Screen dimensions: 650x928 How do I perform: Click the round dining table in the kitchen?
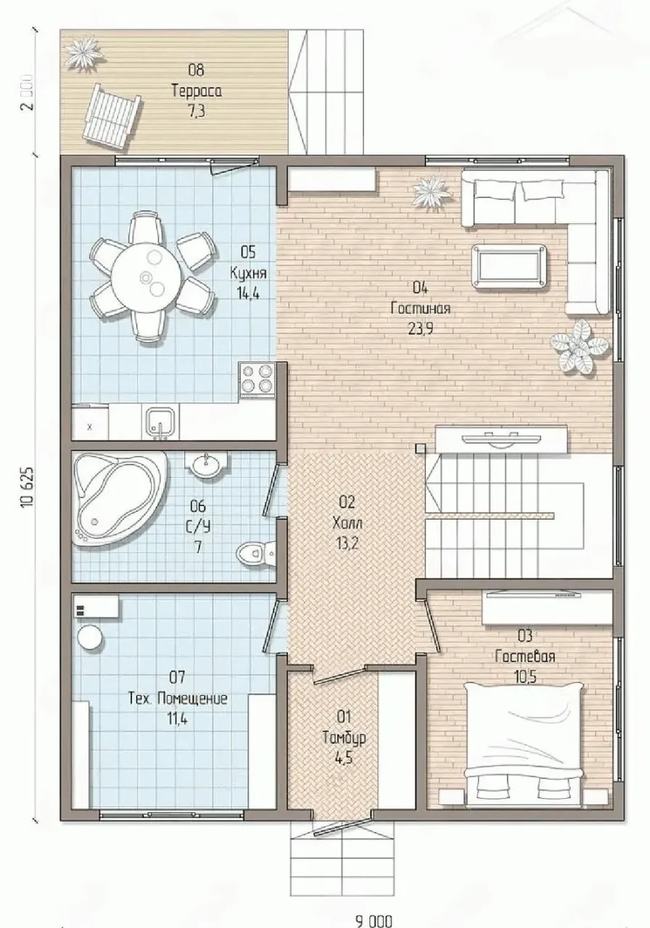146,276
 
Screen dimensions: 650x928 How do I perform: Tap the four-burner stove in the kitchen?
256,381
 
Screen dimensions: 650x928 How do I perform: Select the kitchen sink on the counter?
160,422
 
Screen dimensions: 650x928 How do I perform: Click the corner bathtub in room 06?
120,497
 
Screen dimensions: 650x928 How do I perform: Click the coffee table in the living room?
509,268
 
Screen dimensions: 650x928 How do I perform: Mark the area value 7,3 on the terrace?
197,112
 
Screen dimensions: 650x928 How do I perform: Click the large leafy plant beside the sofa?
579,347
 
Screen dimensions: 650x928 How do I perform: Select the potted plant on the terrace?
85,54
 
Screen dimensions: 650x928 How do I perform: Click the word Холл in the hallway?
347,523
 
